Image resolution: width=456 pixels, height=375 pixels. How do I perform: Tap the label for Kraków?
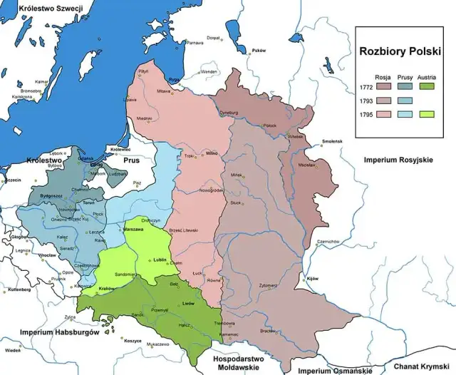click(107, 287)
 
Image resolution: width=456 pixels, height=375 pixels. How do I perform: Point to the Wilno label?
click(212, 153)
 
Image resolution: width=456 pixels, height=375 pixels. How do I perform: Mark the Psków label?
click(258, 50)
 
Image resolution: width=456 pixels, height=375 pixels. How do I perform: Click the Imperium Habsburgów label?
click(58, 333)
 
